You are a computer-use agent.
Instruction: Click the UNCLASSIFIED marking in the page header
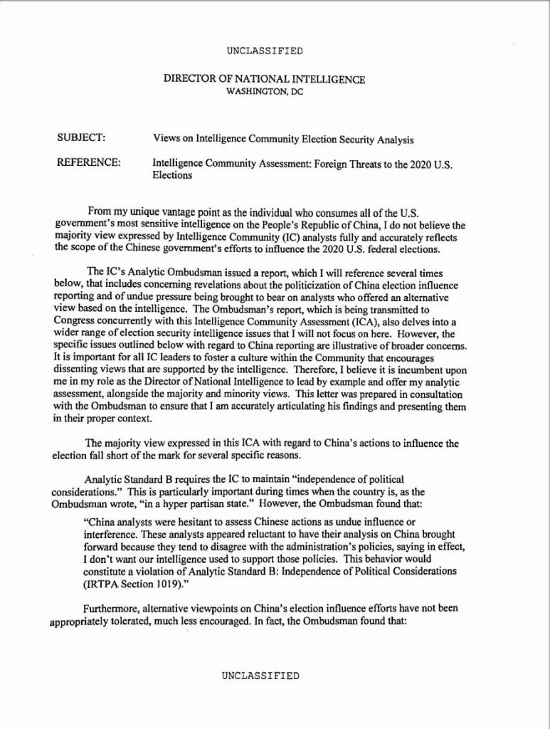click(x=265, y=51)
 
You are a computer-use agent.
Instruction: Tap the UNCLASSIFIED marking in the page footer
click(x=260, y=676)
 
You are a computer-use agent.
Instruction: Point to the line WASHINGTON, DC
click(x=265, y=93)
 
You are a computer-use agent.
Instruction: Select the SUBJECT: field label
click(x=81, y=137)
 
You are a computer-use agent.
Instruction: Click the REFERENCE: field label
click(x=88, y=163)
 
